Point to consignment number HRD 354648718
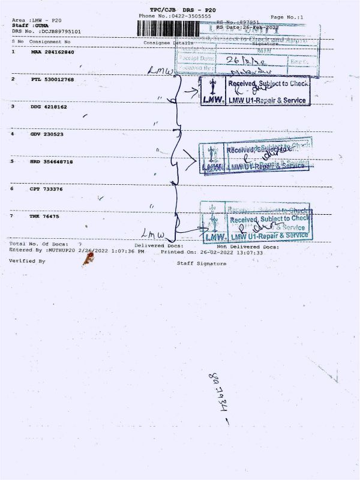coord(52,161)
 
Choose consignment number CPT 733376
coord(47,188)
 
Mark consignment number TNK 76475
coord(45,216)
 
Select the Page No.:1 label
coord(287,17)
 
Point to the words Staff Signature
coord(202,263)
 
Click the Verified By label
coord(28,261)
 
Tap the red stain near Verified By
coord(89,259)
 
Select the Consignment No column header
coord(50,41)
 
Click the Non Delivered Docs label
coord(248,247)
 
